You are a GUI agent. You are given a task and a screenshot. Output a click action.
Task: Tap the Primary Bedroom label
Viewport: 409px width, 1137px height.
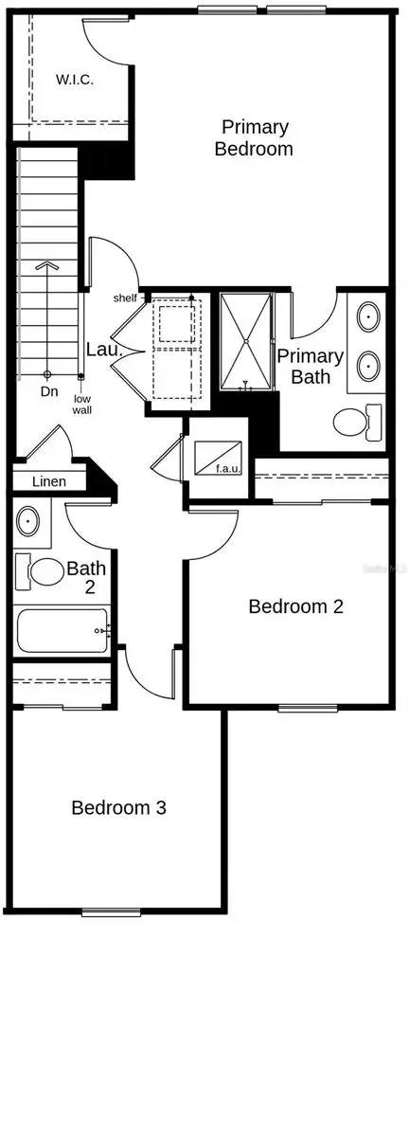point(254,137)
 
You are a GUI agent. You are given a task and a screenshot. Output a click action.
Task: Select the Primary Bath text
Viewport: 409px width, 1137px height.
point(310,366)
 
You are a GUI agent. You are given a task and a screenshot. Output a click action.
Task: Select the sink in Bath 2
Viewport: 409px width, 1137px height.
point(29,521)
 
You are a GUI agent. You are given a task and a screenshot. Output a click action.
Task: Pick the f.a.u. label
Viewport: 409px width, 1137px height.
point(224,467)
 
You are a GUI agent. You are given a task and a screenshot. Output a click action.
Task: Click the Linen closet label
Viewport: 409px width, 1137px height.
point(49,481)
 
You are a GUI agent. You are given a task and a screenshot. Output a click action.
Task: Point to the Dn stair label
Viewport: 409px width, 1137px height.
point(47,390)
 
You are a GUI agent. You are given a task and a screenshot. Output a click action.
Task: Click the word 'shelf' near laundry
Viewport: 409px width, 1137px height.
point(126,298)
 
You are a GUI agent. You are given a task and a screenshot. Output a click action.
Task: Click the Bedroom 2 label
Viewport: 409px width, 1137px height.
point(295,606)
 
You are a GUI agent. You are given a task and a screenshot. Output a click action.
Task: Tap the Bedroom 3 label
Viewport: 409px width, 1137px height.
point(119,808)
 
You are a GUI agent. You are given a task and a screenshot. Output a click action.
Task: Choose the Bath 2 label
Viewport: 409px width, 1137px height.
point(86,580)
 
